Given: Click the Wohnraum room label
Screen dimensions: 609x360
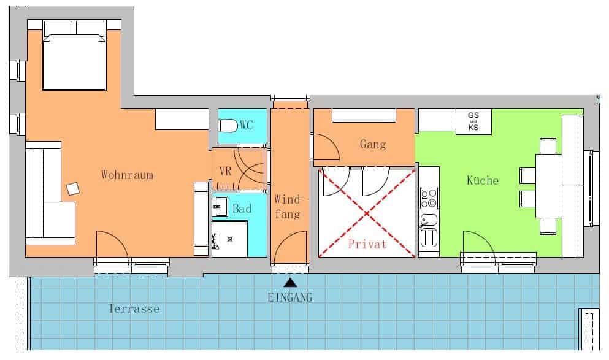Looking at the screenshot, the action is (127, 175).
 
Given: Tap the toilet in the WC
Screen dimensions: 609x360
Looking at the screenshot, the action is (228, 126).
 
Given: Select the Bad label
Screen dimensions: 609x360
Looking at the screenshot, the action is (242, 209).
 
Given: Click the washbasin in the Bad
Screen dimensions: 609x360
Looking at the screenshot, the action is (220, 207).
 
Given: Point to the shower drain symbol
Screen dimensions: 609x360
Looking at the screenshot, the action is (230, 239).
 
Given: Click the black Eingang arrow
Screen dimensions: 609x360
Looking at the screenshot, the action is (290, 282).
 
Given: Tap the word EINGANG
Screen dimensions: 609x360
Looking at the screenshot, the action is (289, 297).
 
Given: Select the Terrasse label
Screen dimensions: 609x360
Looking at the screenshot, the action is (134, 309).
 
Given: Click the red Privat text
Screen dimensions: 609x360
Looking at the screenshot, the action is (367, 244).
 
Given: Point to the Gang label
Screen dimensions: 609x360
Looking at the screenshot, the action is (373, 145).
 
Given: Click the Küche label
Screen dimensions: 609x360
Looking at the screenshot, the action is (483, 180).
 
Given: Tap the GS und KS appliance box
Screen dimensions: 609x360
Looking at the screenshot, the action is (473, 121).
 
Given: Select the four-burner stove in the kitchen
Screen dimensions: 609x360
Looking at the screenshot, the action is (429, 198).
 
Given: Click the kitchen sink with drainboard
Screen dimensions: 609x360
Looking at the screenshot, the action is (429, 231).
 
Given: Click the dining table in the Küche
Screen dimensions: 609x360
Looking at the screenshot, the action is (549, 186).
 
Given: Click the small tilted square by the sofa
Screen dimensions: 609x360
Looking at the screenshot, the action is (73, 189).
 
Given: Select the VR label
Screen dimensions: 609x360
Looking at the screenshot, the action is (225, 171).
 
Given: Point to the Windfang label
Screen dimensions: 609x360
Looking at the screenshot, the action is (289, 207).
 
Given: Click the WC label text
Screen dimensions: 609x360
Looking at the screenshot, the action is (247, 125).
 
